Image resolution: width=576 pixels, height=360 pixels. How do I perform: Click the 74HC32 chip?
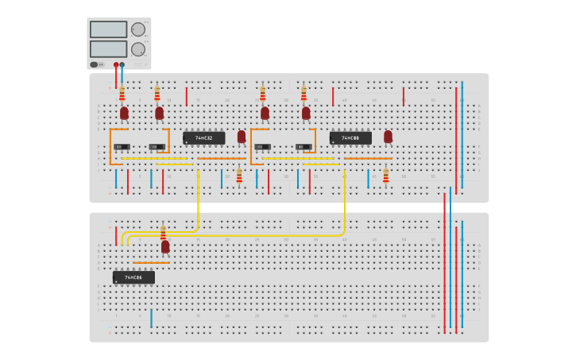204,137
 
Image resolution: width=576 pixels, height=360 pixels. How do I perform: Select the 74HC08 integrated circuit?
350,137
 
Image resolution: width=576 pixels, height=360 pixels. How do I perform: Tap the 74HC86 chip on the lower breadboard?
133,277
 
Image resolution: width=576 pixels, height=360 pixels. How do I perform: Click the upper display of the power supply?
108,29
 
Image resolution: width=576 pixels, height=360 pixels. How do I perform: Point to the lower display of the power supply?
108,48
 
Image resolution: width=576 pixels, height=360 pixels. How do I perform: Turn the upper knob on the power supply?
138,29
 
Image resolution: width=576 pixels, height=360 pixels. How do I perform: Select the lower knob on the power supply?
138,49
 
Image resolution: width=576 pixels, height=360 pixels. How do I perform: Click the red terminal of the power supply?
116,64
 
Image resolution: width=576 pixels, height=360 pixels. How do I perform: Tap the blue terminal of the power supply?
122,64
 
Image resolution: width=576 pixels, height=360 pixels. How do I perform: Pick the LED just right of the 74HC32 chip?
242,137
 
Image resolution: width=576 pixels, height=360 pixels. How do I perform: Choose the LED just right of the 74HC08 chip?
388,137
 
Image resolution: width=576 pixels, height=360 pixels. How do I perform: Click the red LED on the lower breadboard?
165,246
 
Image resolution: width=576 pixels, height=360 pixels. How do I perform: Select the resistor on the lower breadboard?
163,232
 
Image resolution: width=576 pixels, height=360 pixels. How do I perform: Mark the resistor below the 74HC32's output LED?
239,176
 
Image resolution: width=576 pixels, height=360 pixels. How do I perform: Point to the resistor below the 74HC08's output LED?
386,176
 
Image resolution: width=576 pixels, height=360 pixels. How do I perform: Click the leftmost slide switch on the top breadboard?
122,147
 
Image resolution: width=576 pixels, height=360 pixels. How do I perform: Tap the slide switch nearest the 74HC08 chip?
303,147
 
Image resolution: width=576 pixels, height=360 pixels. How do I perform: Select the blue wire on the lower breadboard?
151,318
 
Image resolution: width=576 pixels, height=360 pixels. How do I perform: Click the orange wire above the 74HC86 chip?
151,263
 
